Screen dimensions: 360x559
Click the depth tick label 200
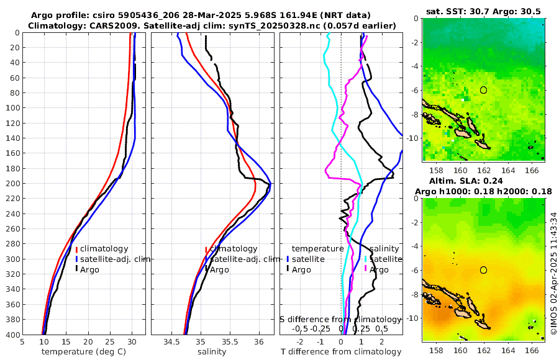pos(12,184)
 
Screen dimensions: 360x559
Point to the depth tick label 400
pos(12,335)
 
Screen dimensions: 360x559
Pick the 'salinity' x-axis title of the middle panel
pos(212,352)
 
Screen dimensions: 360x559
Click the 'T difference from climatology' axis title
pos(341,352)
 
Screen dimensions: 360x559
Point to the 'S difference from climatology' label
pos(341,319)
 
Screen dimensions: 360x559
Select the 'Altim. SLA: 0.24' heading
pos(484,181)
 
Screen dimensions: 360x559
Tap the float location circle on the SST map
pos(483,90)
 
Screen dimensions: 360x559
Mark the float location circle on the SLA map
pos(483,269)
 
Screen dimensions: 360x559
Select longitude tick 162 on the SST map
pos(484,171)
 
